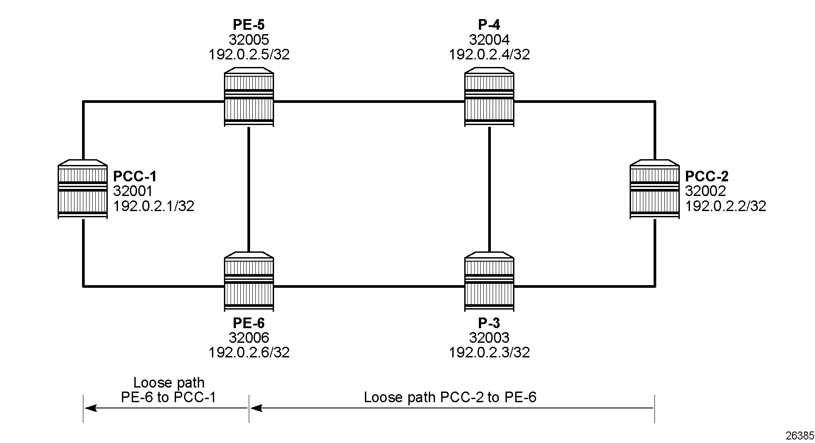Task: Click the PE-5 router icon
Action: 249,97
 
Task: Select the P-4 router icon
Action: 490,97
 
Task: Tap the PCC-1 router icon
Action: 82,189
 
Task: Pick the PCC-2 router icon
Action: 654,189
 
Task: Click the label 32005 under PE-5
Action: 249,40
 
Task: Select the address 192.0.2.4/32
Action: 490,55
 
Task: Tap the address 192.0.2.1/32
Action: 154,206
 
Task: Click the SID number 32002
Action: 705,191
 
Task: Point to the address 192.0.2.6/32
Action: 249,353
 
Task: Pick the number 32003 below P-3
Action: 490,338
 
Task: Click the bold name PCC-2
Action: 707,176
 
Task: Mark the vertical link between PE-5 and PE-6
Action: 249,189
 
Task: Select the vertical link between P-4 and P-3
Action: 490,189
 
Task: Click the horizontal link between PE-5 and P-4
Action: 369,102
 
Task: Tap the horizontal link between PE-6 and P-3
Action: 369,286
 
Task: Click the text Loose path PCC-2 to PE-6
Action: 450,397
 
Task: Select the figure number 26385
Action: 799,435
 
